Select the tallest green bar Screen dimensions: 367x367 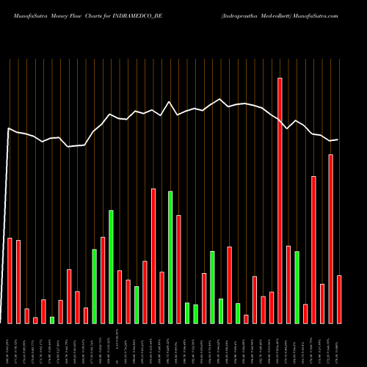pos(170,257)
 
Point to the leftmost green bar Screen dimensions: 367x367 pos(52,319)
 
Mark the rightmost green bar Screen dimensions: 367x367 pos(297,287)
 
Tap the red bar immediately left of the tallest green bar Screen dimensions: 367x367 pos(161,297)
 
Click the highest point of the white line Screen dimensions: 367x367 pos(219,100)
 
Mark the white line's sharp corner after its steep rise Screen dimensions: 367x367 pos(8,128)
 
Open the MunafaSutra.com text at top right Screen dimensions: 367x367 pos(317,15)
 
